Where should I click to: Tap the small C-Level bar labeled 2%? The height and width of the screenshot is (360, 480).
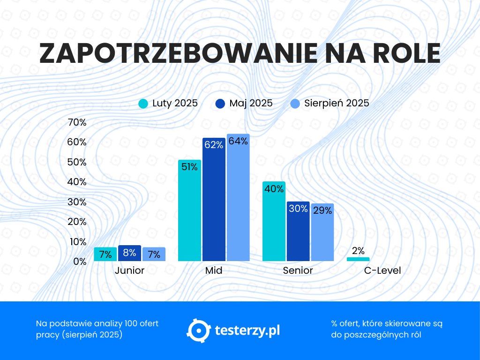(x=358, y=259)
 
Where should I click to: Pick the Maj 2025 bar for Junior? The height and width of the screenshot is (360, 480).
(x=129, y=254)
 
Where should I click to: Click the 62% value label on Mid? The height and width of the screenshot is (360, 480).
(x=214, y=145)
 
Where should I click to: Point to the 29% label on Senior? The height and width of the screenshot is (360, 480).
(x=322, y=210)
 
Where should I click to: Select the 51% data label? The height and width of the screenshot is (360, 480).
(x=189, y=167)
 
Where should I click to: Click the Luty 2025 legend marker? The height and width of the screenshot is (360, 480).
(x=143, y=104)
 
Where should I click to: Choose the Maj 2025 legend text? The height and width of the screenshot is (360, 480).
(x=251, y=104)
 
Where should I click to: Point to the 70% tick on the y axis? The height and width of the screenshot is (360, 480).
(x=77, y=123)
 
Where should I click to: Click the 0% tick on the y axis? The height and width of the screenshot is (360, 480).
(x=80, y=262)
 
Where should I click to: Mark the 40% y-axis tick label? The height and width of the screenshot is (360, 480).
(x=77, y=182)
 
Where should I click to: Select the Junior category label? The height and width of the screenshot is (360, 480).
(x=130, y=271)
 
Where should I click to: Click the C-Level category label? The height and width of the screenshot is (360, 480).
(x=382, y=271)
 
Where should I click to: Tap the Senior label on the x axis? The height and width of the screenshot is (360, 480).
(x=298, y=271)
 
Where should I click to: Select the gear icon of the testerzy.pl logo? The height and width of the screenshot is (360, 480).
(x=197, y=330)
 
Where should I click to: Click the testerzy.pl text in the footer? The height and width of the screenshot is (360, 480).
(x=247, y=330)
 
